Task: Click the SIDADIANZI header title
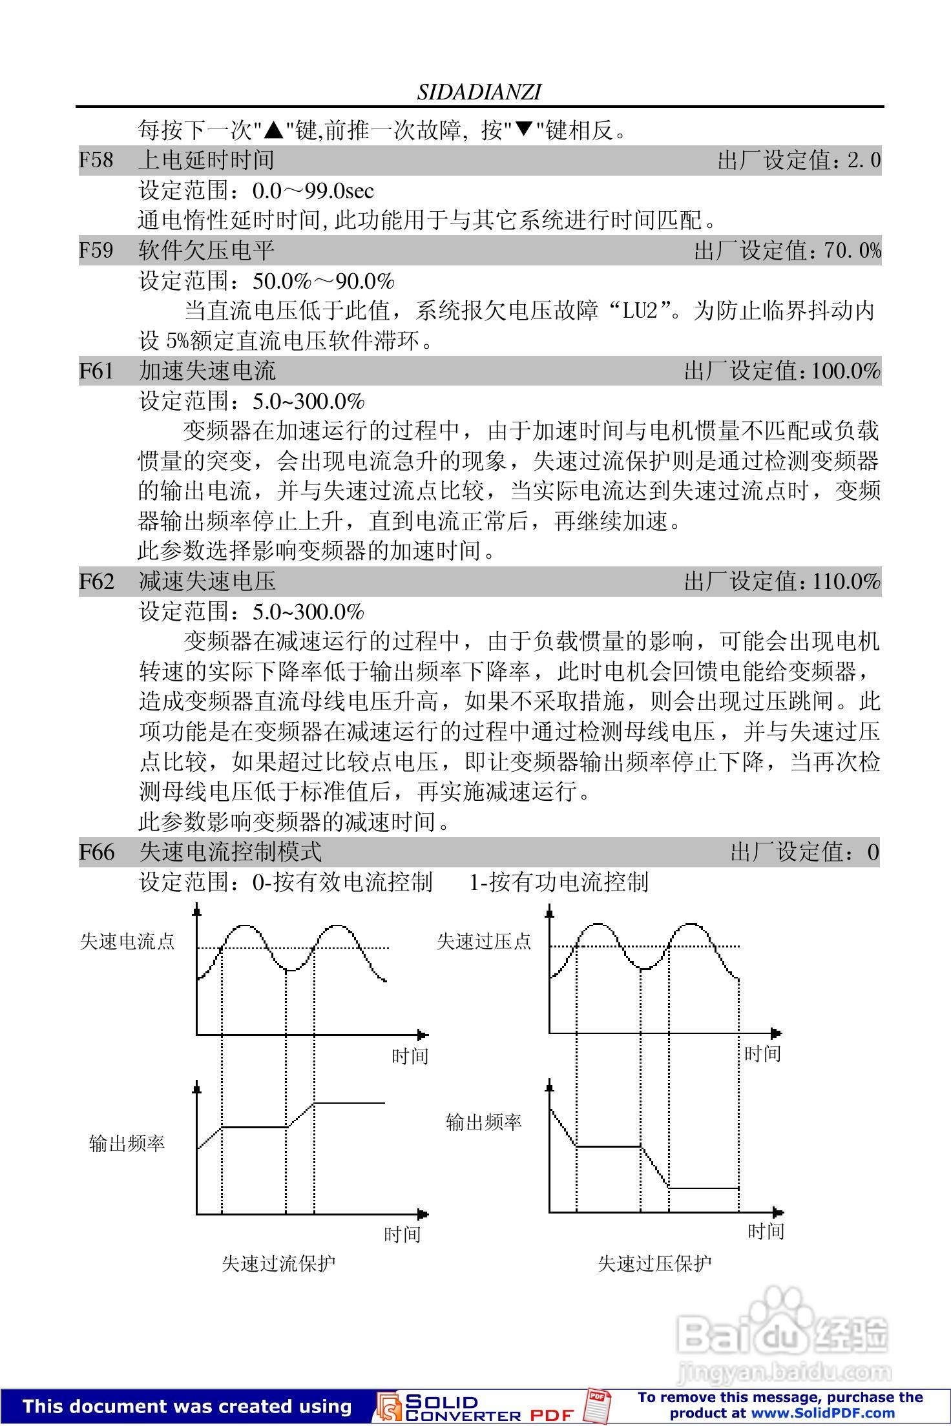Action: pyautogui.click(x=479, y=92)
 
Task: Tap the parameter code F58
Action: pyautogui.click(x=96, y=160)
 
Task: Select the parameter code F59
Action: pyautogui.click(x=96, y=250)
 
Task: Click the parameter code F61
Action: pyautogui.click(x=96, y=371)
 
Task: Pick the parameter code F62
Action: pyautogui.click(x=96, y=581)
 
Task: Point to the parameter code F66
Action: pyautogui.click(x=96, y=852)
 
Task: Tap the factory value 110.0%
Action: pyautogui.click(x=846, y=581)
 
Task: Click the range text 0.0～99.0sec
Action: pyautogui.click(x=313, y=191)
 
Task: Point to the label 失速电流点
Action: pyautogui.click(x=127, y=941)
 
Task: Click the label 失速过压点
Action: pyautogui.click(x=484, y=941)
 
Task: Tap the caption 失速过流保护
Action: pyautogui.click(x=278, y=1263)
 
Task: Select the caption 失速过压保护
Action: pyautogui.click(x=654, y=1263)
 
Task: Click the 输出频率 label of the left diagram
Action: pyautogui.click(x=127, y=1143)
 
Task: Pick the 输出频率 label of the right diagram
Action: pyautogui.click(x=484, y=1122)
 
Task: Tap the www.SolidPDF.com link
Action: pyautogui.click(x=822, y=1413)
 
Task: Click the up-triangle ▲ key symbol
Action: pyautogui.click(x=275, y=130)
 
